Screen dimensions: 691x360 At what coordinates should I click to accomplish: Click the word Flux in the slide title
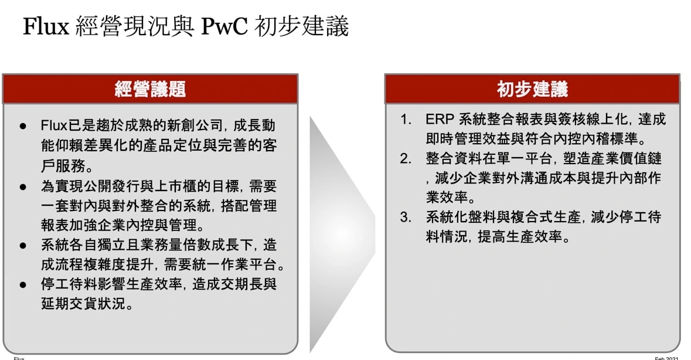(x=46, y=26)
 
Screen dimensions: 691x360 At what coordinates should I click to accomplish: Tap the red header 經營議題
(x=150, y=89)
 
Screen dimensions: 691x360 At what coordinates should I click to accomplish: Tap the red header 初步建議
(x=532, y=89)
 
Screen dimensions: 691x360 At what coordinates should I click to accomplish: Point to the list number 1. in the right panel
(x=406, y=120)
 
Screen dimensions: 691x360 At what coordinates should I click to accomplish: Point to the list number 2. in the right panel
(x=406, y=159)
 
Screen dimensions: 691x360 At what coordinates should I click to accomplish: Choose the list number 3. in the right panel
(x=406, y=218)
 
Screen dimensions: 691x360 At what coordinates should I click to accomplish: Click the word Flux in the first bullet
(x=54, y=125)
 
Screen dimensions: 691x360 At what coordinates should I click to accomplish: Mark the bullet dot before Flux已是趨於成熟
(x=23, y=126)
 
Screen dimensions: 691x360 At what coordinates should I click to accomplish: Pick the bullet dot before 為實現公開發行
(x=23, y=187)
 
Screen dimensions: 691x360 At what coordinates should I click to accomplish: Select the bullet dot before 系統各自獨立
(x=23, y=246)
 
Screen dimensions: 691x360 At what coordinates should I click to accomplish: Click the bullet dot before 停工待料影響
(x=23, y=284)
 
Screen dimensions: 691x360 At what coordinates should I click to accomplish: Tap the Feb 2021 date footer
(x=666, y=358)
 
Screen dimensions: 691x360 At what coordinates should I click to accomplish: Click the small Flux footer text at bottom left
(x=19, y=358)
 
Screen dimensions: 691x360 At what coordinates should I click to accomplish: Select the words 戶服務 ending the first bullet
(x=63, y=166)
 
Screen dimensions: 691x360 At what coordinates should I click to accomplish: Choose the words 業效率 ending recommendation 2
(x=447, y=198)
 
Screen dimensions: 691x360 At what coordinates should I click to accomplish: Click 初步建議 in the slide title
(x=301, y=26)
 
